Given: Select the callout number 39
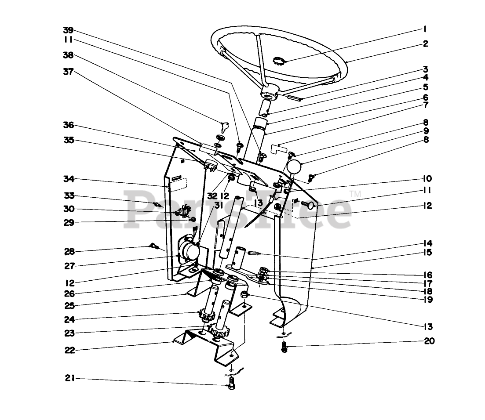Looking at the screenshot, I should [x=68, y=30].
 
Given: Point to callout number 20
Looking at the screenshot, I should [x=429, y=341].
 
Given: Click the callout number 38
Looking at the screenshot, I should [x=68, y=55].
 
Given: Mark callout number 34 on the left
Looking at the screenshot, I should [x=69, y=179].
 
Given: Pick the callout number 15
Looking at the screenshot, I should [x=428, y=252].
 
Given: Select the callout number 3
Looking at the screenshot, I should [x=425, y=69].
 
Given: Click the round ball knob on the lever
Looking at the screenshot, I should [x=294, y=168].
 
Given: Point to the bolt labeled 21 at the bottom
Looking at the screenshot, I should [x=232, y=387].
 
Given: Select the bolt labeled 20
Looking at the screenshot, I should [x=284, y=348].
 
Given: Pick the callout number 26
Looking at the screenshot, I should [x=69, y=294].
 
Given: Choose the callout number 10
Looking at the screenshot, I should [x=428, y=179].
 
